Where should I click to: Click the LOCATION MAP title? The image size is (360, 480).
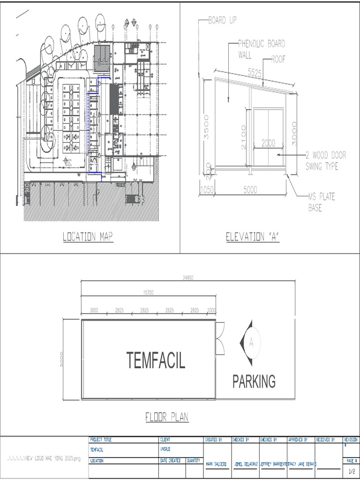pos(88,237)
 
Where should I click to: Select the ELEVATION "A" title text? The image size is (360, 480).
pos(253,237)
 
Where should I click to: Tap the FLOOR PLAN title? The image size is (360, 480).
pos(167,417)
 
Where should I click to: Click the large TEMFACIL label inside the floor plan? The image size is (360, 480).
pos(156,360)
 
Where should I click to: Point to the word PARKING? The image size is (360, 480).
pos(254,382)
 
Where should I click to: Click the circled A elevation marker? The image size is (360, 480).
pos(251,343)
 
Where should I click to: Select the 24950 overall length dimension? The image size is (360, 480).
pos(188,278)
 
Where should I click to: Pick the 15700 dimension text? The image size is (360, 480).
pos(148,292)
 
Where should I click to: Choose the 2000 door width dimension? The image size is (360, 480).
pos(269,143)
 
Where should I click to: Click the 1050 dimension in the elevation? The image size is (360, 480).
pos(207,189)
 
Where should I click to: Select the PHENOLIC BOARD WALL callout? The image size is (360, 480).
pos(261,49)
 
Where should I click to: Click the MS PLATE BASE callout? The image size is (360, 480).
pos(322,202)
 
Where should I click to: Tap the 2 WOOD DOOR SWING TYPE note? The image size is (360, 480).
pos(326,160)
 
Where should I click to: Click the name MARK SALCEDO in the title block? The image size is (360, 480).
pos(216,464)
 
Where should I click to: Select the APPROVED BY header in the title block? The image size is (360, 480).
pos(298,440)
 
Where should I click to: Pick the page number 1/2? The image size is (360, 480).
pos(352,471)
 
